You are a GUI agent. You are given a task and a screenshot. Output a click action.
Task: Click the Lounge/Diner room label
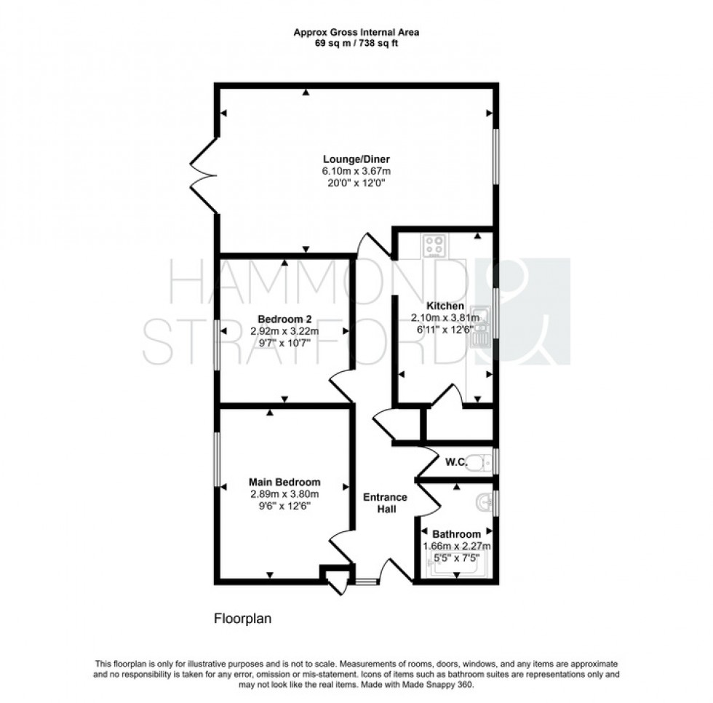click(x=356, y=159)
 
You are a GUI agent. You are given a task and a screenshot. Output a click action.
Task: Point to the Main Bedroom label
click(x=284, y=482)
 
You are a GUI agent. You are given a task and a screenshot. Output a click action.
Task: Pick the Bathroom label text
click(x=456, y=533)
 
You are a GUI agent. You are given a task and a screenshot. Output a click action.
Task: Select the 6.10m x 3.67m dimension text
click(x=356, y=171)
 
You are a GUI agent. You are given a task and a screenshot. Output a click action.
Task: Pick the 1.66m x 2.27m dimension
click(x=456, y=545)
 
